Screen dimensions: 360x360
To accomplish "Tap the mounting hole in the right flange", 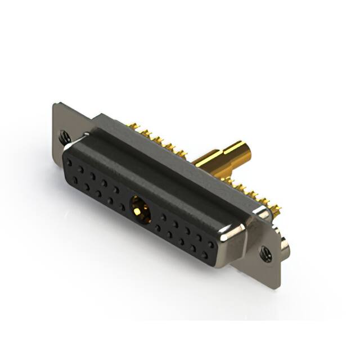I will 266,252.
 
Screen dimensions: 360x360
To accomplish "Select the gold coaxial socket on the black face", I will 138,210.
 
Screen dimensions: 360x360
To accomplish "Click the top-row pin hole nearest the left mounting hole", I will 69,162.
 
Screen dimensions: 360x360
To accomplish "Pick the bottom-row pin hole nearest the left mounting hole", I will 74,180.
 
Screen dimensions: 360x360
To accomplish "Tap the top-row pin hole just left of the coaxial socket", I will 116,190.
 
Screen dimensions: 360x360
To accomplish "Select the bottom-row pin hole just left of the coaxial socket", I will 121,207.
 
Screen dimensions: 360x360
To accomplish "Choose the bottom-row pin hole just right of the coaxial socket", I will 157,228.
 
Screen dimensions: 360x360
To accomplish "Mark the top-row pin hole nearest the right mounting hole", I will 210,244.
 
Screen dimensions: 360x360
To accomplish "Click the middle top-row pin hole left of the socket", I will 92,176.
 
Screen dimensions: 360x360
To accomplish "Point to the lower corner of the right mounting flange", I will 276,285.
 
